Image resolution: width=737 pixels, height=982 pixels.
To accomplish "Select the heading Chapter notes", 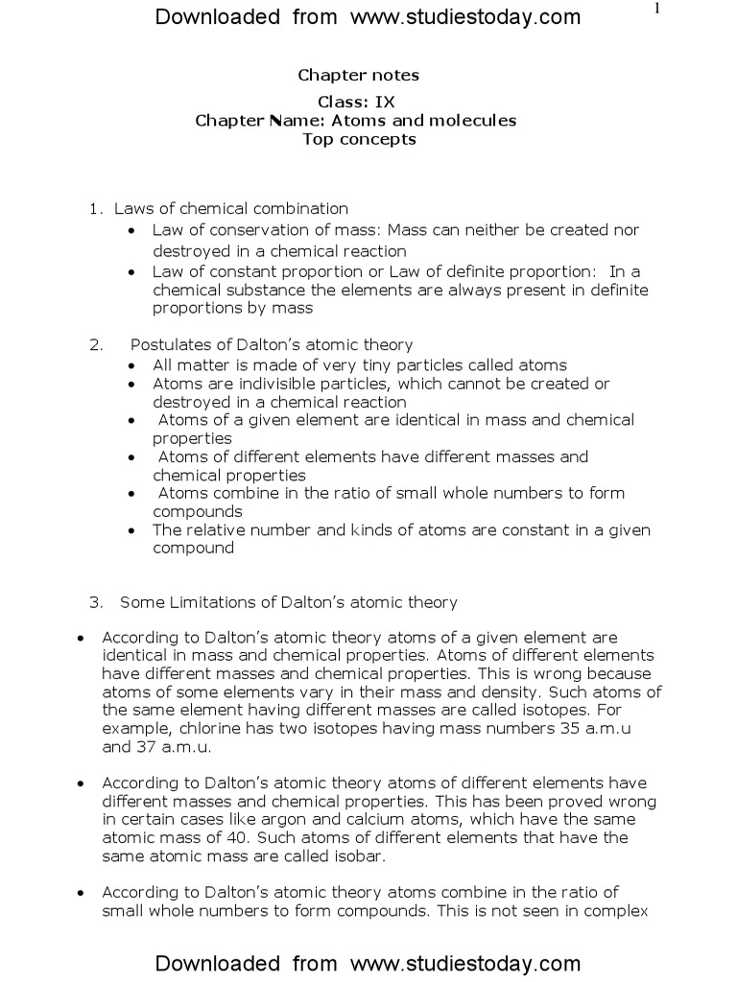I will (x=358, y=75).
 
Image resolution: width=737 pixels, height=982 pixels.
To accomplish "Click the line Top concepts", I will (x=358, y=139).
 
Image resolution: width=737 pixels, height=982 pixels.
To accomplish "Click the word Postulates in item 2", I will (x=166, y=345).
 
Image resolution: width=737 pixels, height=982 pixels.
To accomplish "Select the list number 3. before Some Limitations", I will (x=95, y=603).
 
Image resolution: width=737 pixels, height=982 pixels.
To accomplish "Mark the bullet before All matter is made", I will (x=131, y=365).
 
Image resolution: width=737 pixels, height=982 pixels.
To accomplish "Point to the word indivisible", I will (x=249, y=384).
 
